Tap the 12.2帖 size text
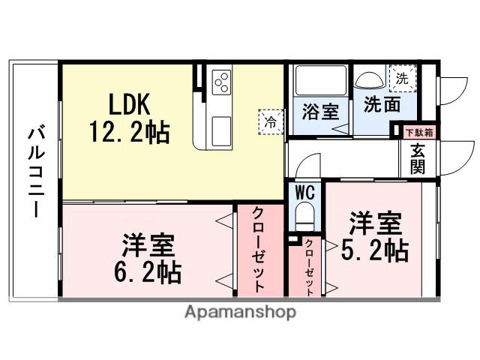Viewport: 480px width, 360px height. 129,133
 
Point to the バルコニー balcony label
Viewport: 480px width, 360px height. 34,172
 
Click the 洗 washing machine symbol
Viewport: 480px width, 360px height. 402,77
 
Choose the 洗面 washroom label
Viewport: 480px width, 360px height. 382,104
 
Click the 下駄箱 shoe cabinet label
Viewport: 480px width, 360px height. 418,132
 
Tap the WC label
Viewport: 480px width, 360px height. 304,191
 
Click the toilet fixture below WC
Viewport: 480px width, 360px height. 304,218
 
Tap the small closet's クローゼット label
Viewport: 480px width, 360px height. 310,266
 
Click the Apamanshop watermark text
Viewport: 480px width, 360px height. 239,312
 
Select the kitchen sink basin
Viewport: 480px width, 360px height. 223,130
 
